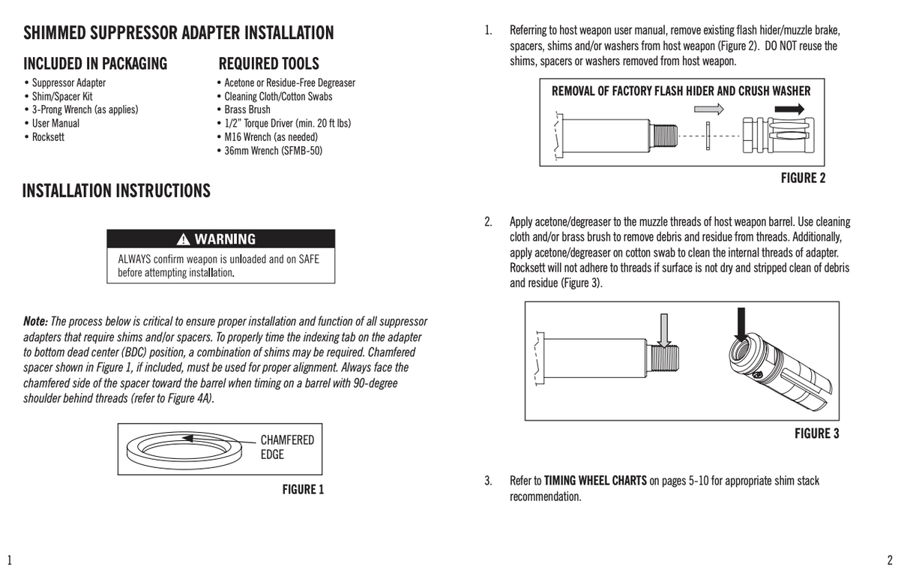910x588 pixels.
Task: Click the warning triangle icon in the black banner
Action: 184,239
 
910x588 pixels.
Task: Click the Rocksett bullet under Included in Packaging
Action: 48,137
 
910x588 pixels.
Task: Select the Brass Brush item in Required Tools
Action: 247,109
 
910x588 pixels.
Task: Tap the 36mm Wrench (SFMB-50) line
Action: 273,151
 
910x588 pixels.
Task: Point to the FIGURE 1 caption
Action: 303,490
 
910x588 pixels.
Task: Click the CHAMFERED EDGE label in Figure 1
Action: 286,447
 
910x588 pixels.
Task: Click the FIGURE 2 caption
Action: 803,178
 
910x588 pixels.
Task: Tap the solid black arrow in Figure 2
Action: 788,109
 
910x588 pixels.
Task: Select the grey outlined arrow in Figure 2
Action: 714,109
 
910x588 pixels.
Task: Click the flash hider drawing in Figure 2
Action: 777,136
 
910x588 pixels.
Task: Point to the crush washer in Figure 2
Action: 709,136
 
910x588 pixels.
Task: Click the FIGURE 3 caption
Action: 816,433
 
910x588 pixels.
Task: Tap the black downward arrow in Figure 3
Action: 743,322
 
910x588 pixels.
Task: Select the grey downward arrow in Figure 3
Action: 661,327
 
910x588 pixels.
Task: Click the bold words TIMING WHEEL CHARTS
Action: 595,481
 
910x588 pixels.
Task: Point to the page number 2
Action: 890,559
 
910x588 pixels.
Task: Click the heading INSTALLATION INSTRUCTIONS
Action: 116,191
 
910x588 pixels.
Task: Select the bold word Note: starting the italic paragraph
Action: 35,322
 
